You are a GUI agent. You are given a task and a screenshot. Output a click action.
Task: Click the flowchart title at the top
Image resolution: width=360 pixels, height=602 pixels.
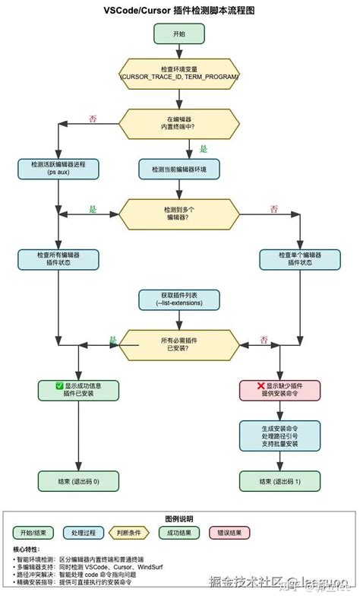coord(179,10)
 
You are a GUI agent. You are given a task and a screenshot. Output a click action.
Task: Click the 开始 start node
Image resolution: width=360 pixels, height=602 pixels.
coord(179,34)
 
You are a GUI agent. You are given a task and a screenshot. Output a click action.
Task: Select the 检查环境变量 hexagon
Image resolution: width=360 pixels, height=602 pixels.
coord(179,73)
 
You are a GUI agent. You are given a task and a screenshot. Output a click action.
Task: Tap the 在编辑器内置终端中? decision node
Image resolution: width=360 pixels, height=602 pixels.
coord(179,122)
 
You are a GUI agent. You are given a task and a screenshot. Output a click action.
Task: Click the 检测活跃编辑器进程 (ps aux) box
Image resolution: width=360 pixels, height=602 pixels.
coord(58,168)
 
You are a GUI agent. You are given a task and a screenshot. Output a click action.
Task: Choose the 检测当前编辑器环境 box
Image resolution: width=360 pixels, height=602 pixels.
coord(179,168)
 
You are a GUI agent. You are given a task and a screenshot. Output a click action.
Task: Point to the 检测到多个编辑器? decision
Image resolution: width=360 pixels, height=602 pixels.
coord(179,213)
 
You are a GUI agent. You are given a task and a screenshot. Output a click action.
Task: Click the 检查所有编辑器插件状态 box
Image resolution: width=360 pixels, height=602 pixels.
coord(58,258)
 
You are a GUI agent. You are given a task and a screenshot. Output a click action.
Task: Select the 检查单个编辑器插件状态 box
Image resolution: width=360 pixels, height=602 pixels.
coord(300,258)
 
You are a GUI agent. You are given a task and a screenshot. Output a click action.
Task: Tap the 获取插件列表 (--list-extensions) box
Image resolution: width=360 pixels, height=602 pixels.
coord(179,299)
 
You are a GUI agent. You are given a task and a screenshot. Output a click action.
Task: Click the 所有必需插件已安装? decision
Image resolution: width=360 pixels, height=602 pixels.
coord(179,344)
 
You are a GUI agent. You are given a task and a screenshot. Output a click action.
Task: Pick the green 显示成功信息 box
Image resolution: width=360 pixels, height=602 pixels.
coord(79,390)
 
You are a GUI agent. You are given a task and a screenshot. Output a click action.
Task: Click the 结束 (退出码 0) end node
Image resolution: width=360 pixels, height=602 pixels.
coord(79,480)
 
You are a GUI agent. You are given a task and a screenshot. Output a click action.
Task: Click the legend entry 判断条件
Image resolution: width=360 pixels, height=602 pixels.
coord(131,532)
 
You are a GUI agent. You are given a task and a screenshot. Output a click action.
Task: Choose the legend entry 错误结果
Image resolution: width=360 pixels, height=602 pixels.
coord(229,532)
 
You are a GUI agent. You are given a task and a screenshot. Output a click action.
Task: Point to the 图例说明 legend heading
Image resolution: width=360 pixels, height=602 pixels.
coord(179,517)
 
